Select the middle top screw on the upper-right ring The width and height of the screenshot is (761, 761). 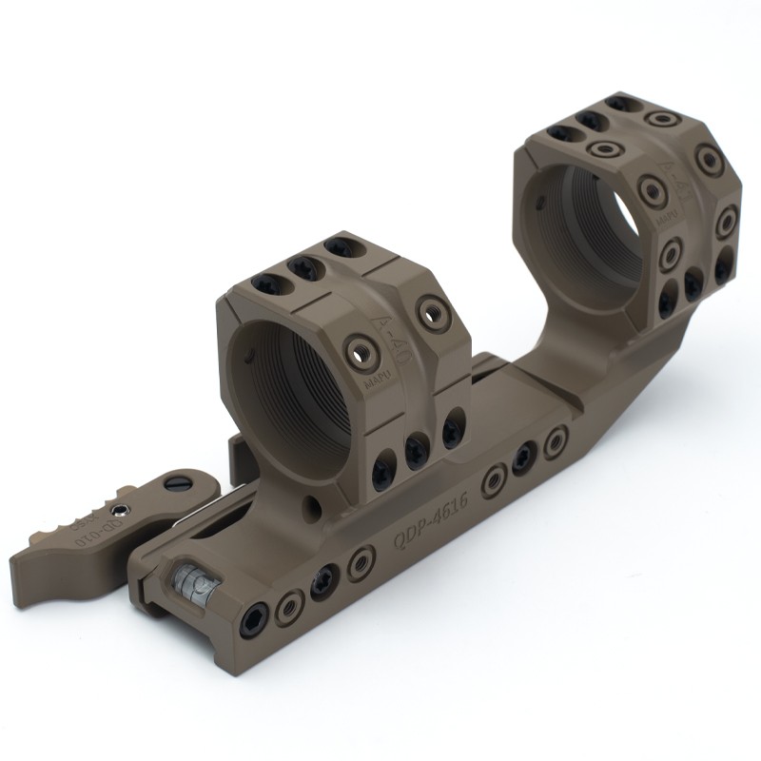coord(591,121)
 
